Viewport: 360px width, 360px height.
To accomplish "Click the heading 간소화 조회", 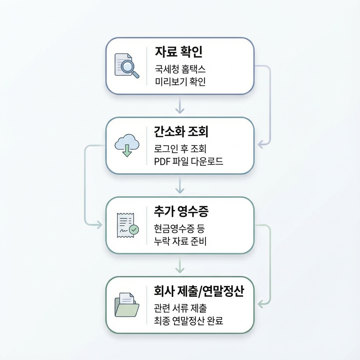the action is pos(181,132).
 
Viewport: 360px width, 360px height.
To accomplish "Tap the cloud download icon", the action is pos(127,145).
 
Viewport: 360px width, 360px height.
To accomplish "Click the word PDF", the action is pos(162,161).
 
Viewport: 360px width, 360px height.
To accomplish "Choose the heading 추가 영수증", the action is pos(181,212).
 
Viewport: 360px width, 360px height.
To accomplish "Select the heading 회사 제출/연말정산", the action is pos(199,291).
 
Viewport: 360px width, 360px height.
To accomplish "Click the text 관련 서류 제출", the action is pos(180,308).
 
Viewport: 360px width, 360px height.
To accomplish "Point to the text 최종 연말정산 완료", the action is pos(189,321).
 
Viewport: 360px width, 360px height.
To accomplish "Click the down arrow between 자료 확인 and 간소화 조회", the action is pos(180,105).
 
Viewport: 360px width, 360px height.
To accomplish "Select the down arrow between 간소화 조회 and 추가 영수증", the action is pos(180,185).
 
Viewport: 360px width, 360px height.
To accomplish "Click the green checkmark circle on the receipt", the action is pos(134,230).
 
